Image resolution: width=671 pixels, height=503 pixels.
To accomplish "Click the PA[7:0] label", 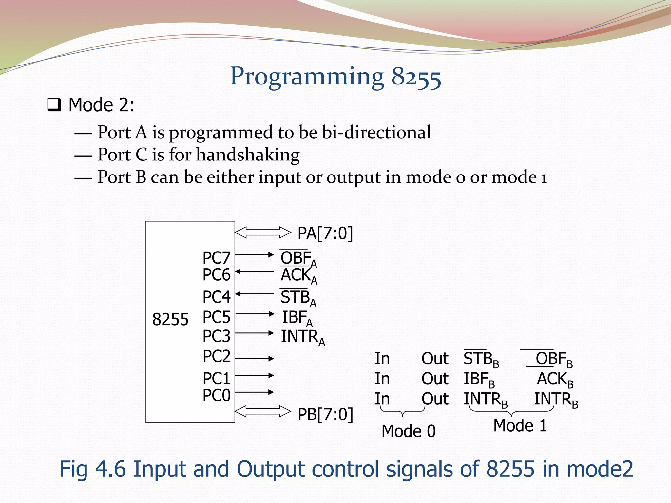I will (325, 233).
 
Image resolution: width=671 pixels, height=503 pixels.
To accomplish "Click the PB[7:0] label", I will (325, 414).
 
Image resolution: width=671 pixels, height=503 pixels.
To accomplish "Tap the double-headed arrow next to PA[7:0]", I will (263, 233).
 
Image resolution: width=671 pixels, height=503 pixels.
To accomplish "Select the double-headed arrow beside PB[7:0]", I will (263, 411).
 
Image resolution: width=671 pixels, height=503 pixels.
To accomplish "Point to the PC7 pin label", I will (216, 258).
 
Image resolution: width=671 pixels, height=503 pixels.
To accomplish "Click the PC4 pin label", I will (216, 297).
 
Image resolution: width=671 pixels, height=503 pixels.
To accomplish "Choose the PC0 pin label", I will (216, 395).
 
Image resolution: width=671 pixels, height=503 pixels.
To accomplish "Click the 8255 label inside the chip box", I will (170, 319).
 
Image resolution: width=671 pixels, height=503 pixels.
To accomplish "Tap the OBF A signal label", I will (298, 259).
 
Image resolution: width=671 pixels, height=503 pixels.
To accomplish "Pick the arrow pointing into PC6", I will (255, 271).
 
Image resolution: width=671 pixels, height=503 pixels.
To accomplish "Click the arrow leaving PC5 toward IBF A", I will (255, 314).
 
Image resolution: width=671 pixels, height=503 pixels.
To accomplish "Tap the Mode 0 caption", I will (408, 431).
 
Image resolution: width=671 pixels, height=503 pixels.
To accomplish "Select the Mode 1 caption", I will (520, 426).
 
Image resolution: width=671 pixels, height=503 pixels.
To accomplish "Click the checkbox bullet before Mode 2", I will (54, 105).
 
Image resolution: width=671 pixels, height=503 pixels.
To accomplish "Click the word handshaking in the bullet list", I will (248, 155).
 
